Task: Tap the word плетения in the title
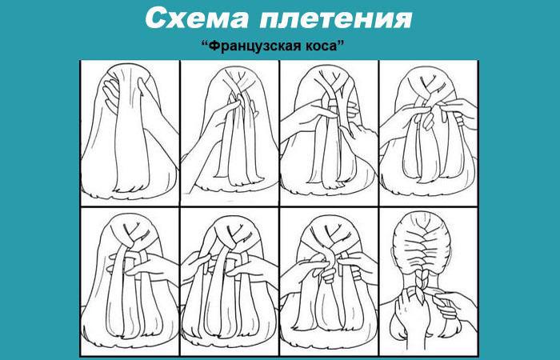point(336,18)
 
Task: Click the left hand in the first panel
point(110,93)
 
